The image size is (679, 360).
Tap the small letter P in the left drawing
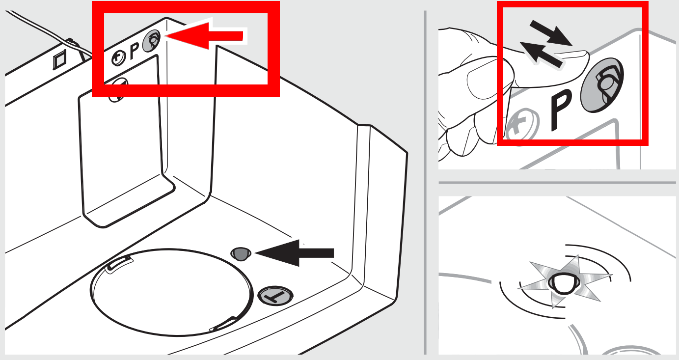tap(134, 51)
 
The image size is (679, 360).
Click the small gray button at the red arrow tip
tap(152, 41)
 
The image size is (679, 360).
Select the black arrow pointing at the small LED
tap(295, 253)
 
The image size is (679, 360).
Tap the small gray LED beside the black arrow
tap(241, 254)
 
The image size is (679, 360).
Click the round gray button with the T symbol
tap(275, 295)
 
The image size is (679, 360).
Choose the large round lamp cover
tap(171, 292)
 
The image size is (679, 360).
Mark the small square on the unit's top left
tap(60, 60)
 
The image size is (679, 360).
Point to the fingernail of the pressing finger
tap(572, 55)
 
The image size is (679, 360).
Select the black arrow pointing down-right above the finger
tap(551, 33)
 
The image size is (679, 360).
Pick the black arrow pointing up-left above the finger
tap(541, 55)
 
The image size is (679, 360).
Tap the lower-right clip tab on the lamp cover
tap(224, 324)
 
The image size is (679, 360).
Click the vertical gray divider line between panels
tap(425, 183)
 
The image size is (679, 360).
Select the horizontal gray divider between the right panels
tap(557, 182)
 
